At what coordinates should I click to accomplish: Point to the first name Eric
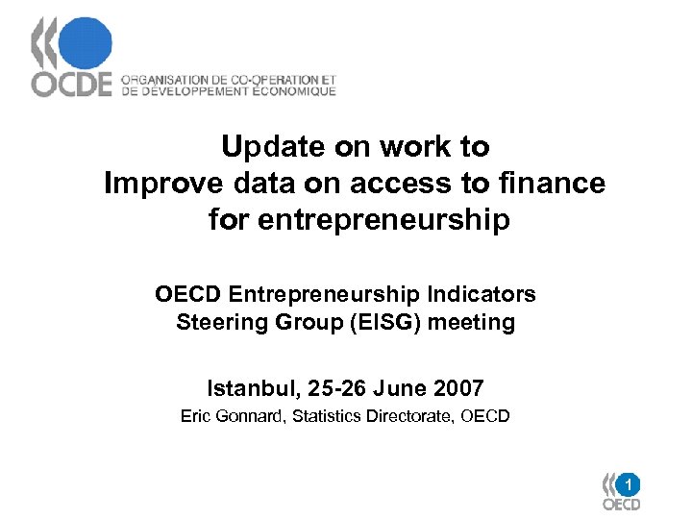(196, 416)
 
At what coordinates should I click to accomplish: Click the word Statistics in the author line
(327, 416)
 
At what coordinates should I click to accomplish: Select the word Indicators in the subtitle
(482, 294)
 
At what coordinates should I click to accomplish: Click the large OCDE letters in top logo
(72, 85)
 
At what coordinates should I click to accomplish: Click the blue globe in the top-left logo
(84, 44)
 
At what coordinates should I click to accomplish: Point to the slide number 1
(627, 483)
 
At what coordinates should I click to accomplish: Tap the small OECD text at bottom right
(621, 505)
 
